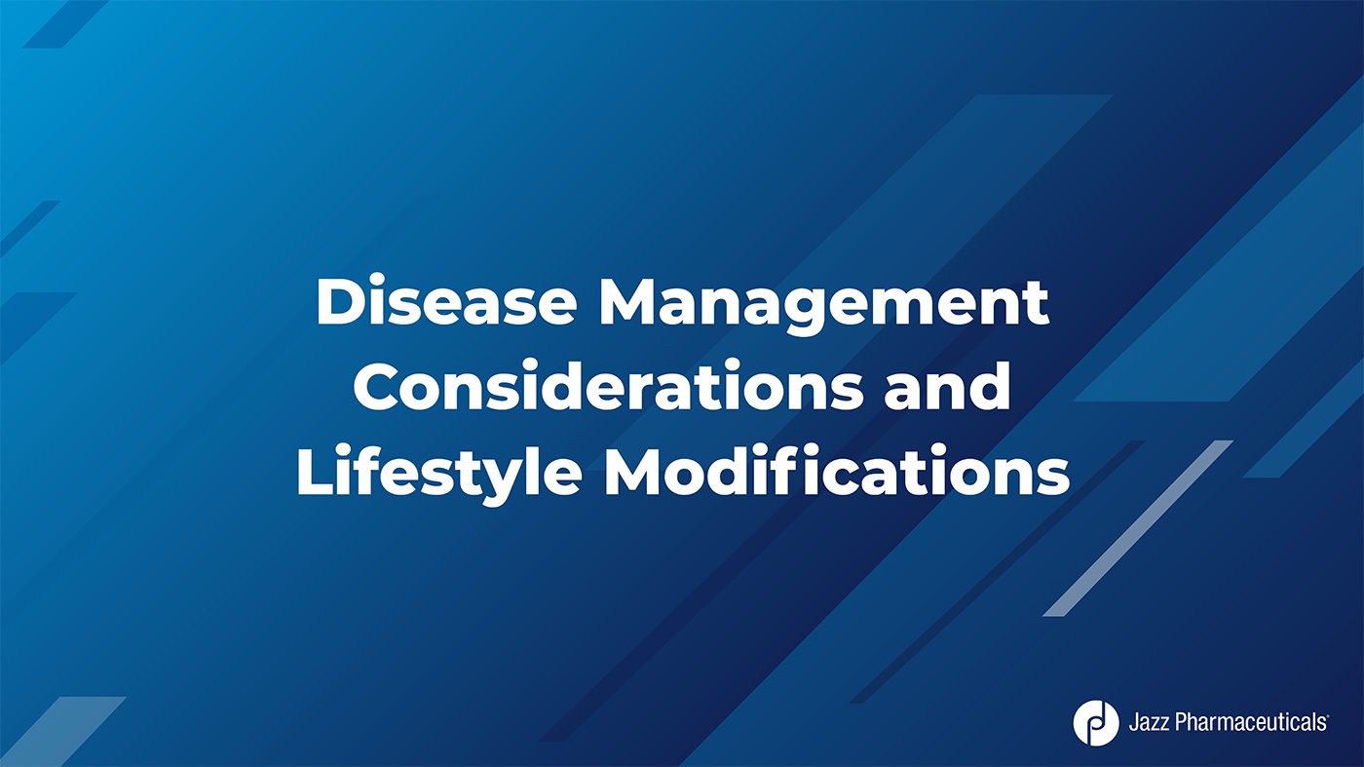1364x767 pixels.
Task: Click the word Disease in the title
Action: pyautogui.click(x=446, y=300)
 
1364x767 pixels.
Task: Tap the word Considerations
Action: pyautogui.click(x=608, y=386)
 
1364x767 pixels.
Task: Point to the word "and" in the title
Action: pyautogui.click(x=947, y=386)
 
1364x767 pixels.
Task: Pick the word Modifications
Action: pyautogui.click(x=836, y=471)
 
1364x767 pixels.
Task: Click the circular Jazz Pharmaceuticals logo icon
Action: pyautogui.click(x=1095, y=723)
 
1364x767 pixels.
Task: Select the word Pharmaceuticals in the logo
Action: pyautogui.click(x=1250, y=723)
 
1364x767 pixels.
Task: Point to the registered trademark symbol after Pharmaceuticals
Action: pyautogui.click(x=1327, y=716)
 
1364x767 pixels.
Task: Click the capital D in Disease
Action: pyautogui.click(x=342, y=302)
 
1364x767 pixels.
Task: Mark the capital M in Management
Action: pyautogui.click(x=630, y=302)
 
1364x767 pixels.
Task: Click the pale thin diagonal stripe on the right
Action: pyautogui.click(x=1138, y=528)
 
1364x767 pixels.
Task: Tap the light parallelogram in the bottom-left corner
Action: pyautogui.click(x=63, y=732)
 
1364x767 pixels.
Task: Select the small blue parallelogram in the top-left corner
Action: pyautogui.click(x=65, y=23)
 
